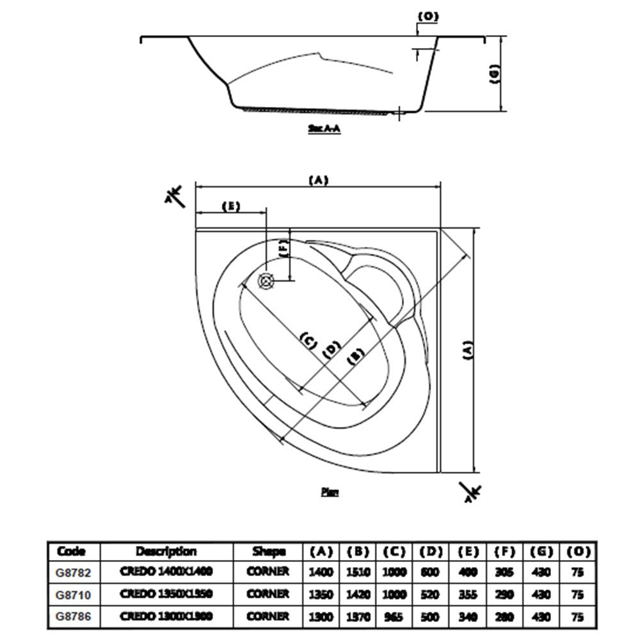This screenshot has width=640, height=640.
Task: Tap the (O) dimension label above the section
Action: [x=427, y=16]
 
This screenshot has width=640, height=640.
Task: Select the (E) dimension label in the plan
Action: [x=230, y=206]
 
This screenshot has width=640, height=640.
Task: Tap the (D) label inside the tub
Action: [x=331, y=349]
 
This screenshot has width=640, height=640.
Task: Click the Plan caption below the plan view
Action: [x=329, y=492]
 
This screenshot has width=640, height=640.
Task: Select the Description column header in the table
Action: [x=166, y=551]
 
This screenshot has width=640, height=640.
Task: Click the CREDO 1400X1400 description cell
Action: [x=166, y=572]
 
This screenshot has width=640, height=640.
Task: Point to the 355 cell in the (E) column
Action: [x=467, y=594]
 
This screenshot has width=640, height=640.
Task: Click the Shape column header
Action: [x=268, y=551]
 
